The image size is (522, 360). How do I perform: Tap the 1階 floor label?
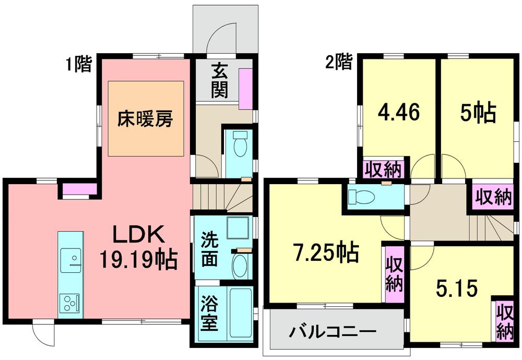pyautogui.click(x=78, y=64)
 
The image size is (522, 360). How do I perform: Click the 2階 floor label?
pyautogui.click(x=338, y=63)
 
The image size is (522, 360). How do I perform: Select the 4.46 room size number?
pyautogui.click(x=398, y=113)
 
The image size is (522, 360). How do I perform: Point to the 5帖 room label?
pyautogui.click(x=477, y=113)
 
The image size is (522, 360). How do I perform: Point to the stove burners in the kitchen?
pyautogui.click(x=69, y=302)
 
